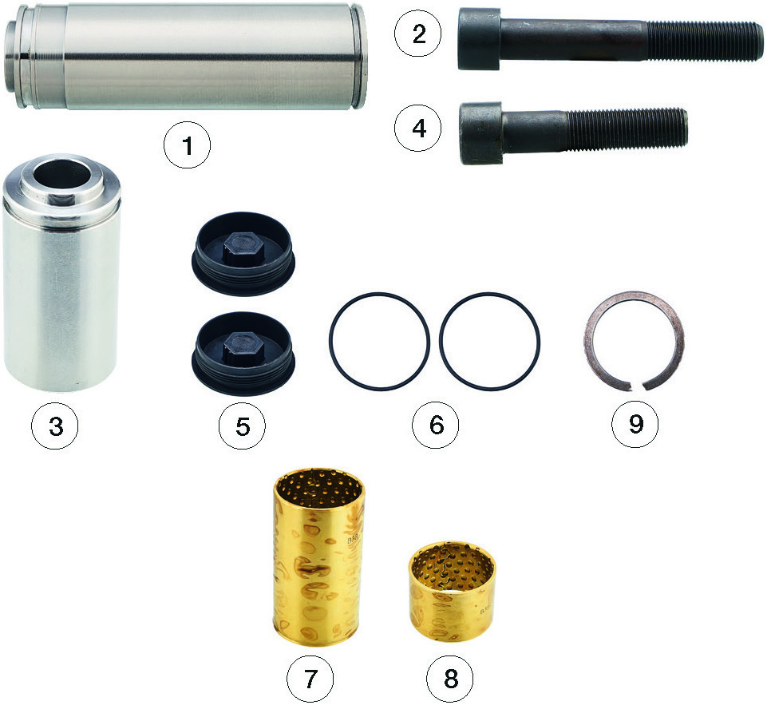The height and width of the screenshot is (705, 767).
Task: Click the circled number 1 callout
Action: [x=187, y=145]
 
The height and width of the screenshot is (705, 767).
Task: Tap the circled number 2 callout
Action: [x=418, y=34]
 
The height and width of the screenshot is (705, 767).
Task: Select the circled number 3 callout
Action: [x=55, y=426]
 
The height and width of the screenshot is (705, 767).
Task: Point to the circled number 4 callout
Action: [x=418, y=129]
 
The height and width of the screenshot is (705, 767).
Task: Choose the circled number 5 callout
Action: [x=242, y=426]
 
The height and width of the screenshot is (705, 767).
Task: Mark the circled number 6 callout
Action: [x=436, y=425]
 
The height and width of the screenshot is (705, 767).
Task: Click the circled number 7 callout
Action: [x=310, y=679]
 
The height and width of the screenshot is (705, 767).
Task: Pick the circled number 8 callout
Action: [x=450, y=679]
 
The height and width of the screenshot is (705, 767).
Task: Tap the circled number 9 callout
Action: [x=635, y=423]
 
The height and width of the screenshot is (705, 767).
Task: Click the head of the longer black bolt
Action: [x=479, y=38]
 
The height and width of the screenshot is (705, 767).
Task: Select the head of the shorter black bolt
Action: [x=481, y=133]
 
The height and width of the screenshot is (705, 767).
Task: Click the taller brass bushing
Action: [x=318, y=557]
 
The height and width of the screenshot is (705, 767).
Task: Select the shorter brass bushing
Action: [x=452, y=591]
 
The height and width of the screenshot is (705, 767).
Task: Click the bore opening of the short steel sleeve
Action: [x=61, y=174]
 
